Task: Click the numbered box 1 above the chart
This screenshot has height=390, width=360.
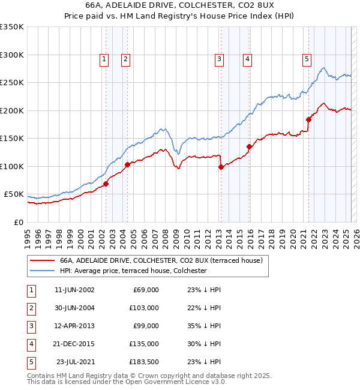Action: pyautogui.click(x=104, y=59)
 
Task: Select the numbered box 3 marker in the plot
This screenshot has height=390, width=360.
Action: pyautogui.click(x=220, y=59)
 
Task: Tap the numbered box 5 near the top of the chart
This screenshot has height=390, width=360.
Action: pyautogui.click(x=307, y=59)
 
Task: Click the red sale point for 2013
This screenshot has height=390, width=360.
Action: pyautogui.click(x=221, y=167)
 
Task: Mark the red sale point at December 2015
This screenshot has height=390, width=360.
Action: pyautogui.click(x=249, y=146)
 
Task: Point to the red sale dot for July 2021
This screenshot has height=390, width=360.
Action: pyautogui.click(x=308, y=119)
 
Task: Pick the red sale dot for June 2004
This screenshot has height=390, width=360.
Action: pyautogui.click(x=127, y=164)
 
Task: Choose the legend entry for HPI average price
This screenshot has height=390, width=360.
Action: pyautogui.click(x=133, y=271)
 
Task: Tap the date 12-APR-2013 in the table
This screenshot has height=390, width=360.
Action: pyautogui.click(x=74, y=326)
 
